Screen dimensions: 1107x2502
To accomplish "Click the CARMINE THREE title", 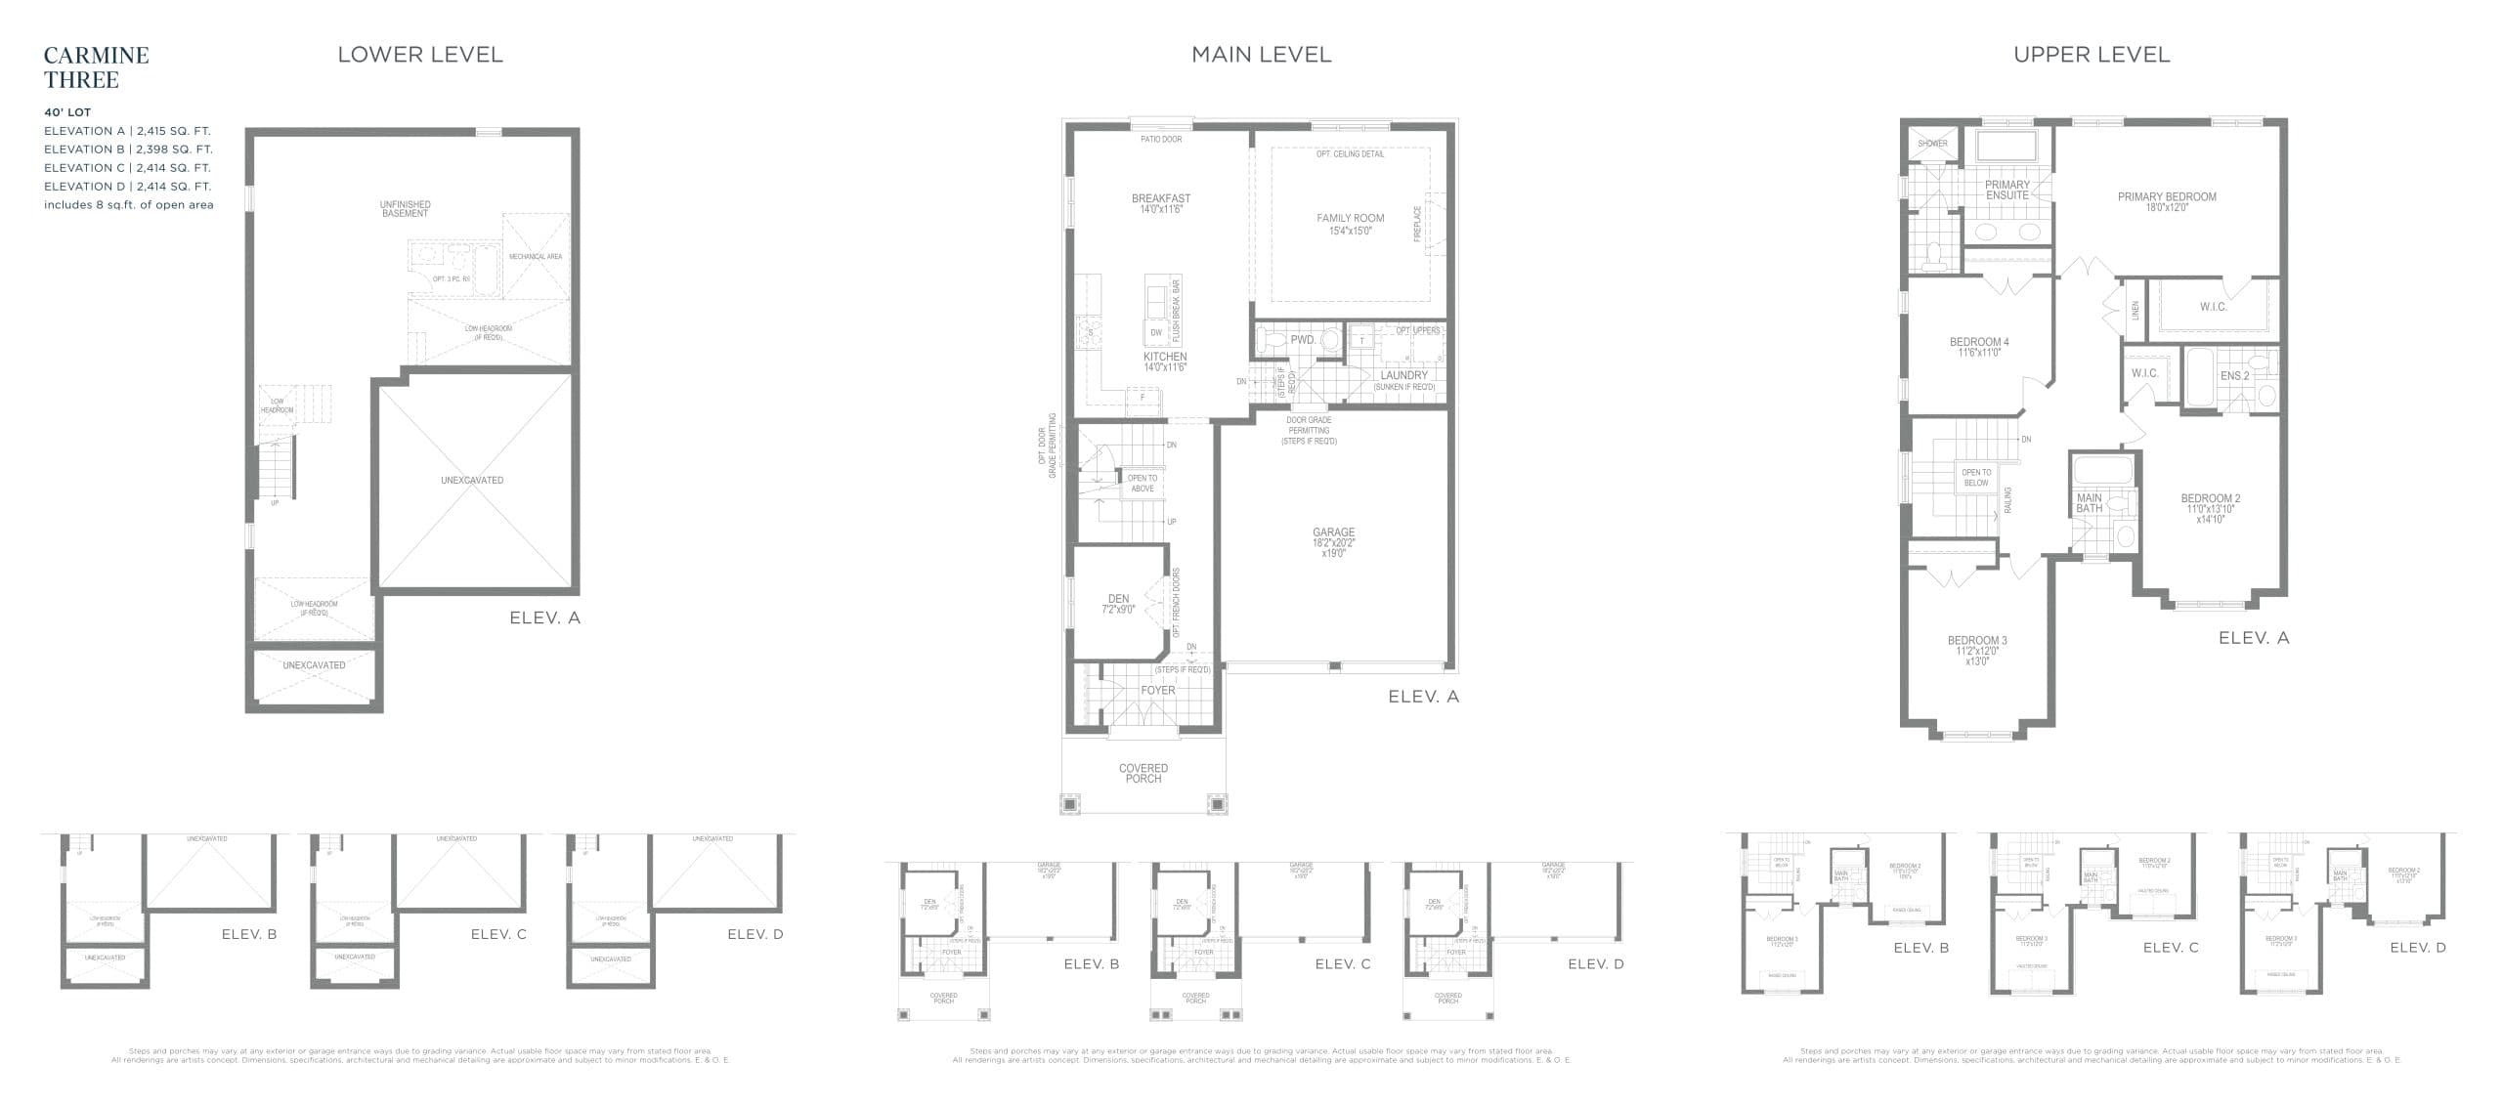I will [x=96, y=66].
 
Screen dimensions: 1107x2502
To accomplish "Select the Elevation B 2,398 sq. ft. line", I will [x=127, y=149].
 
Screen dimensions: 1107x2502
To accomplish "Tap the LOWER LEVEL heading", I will [x=419, y=55].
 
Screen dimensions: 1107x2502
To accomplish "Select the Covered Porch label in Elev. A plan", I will [x=1143, y=773].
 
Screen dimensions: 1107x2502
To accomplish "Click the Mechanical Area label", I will [x=535, y=256].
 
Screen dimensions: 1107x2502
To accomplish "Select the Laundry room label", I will [x=1403, y=375].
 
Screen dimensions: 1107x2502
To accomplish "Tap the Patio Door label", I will [x=1160, y=140].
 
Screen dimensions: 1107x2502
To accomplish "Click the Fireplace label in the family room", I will [x=1417, y=224].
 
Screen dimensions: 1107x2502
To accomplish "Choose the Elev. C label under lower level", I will [x=498, y=934].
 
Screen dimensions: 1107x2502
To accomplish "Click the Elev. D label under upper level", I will [x=2417, y=947].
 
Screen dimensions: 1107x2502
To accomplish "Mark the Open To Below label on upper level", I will [x=1975, y=478].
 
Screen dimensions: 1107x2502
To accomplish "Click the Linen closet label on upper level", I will [x=2135, y=310].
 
